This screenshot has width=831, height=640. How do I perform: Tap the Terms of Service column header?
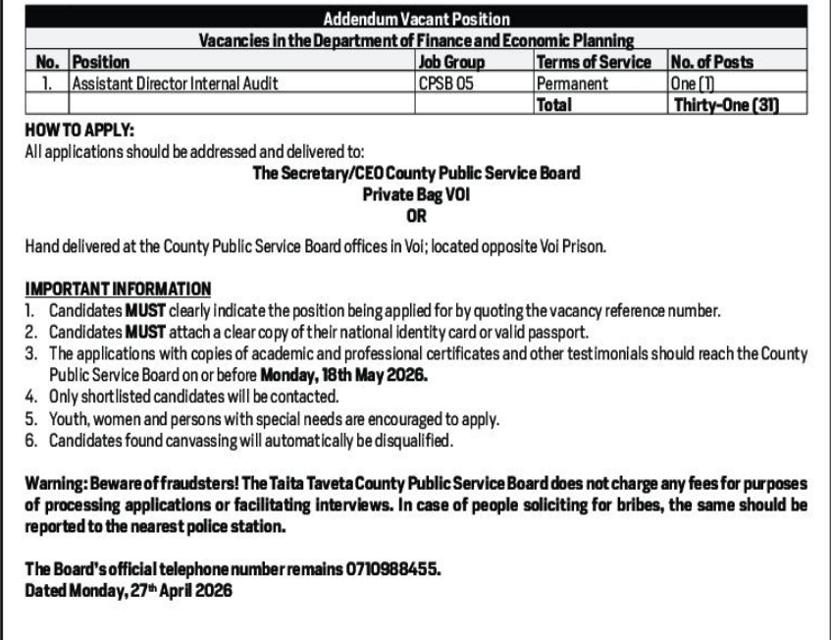coord(597,62)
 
